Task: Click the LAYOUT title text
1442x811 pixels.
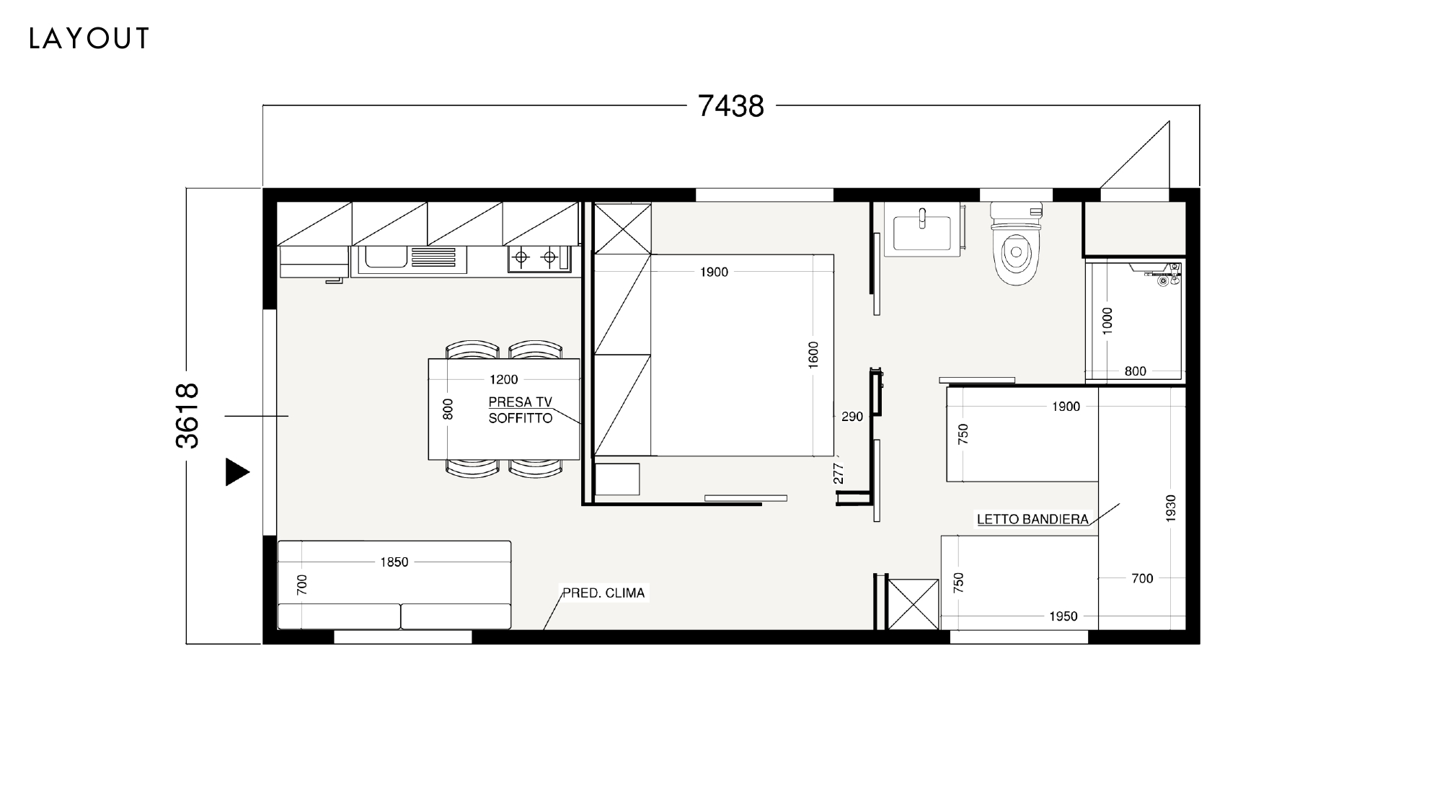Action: [x=89, y=38]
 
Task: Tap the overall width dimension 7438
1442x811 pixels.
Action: [x=730, y=106]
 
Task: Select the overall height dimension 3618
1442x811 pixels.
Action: [x=187, y=416]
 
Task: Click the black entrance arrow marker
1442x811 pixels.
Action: [x=237, y=472]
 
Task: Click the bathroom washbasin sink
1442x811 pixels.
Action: [x=922, y=229]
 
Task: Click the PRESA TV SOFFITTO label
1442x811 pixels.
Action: [x=521, y=410]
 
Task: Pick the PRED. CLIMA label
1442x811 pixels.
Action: [x=603, y=593]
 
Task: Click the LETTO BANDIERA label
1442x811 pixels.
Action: [x=1032, y=519]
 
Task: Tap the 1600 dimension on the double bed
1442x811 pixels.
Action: [x=813, y=355]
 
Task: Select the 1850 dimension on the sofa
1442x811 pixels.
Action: [x=394, y=562]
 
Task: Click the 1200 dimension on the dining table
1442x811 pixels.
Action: [x=504, y=380]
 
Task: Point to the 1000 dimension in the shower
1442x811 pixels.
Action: [x=1107, y=320]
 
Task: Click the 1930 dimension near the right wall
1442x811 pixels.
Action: [x=1170, y=508]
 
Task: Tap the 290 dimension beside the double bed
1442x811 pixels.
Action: [x=852, y=417]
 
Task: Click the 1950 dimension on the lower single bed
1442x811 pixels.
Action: [x=1063, y=616]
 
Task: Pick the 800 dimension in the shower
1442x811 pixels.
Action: [x=1136, y=371]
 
